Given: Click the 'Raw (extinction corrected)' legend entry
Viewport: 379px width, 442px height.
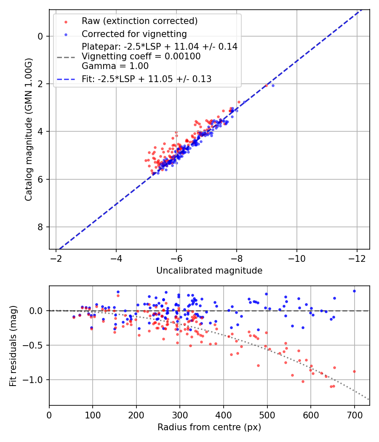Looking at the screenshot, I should tap(139, 21).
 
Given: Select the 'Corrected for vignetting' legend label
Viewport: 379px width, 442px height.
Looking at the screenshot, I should tap(134, 34).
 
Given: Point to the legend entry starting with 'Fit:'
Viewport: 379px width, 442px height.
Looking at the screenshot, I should tap(146, 79).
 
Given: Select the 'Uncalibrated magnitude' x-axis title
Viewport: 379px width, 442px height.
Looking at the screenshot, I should tap(209, 271).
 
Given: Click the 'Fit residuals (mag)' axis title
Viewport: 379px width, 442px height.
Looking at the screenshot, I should tap(13, 346).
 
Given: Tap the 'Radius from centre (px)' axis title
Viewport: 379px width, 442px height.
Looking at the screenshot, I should tap(209, 427).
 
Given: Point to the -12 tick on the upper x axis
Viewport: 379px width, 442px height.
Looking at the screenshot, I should tap(357, 257).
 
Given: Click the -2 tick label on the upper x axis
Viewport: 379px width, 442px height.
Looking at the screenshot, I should tap(56, 257).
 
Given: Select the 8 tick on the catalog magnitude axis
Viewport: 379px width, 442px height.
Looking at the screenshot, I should tap(40, 227).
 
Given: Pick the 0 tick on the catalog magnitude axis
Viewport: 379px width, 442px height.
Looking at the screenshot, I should tap(40, 36).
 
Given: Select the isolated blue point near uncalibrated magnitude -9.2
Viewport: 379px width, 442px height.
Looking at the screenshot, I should tap(273, 85).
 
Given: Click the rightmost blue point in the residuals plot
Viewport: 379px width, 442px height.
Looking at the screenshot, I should tap(354, 291).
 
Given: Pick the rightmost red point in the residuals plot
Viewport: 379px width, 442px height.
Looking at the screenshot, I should tap(354, 371).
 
